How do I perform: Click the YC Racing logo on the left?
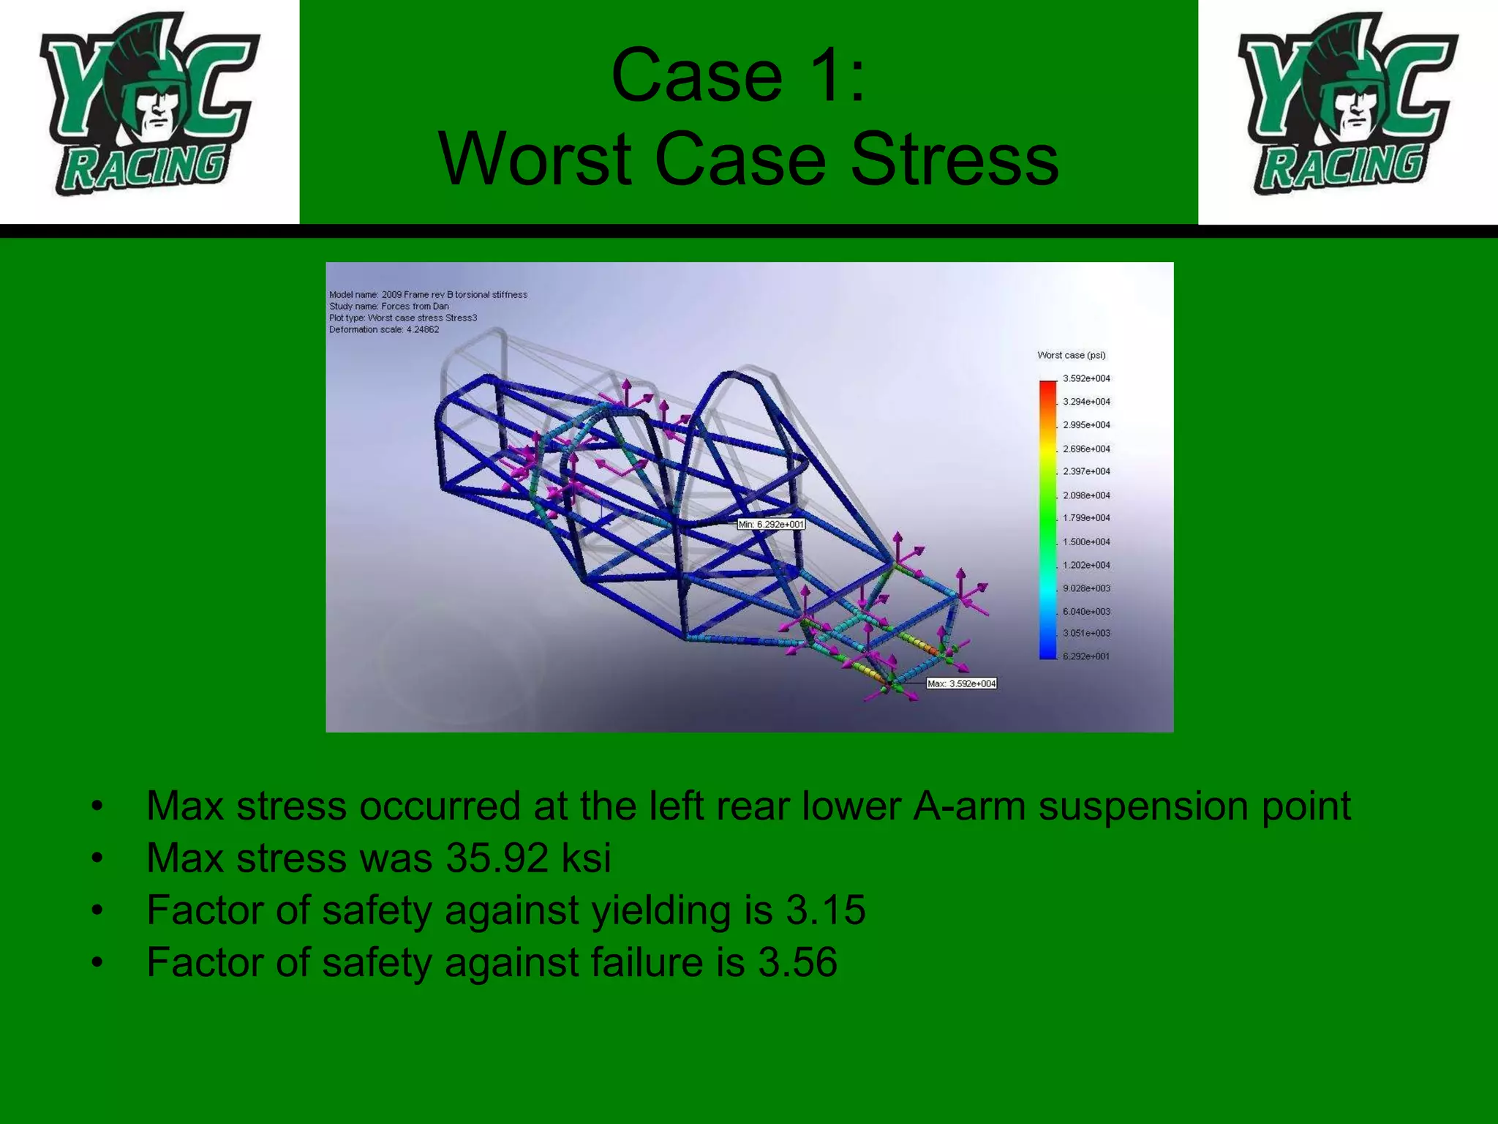[149, 105]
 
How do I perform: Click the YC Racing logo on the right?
[1347, 105]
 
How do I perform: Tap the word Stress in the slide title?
[955, 160]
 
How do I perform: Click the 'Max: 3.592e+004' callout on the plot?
[961, 683]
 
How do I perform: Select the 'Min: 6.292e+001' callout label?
[771, 524]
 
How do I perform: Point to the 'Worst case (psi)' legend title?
[1072, 355]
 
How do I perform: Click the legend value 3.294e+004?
[1086, 402]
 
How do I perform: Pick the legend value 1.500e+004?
[1086, 542]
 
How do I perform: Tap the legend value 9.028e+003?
[1086, 588]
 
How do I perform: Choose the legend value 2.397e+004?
[1086, 471]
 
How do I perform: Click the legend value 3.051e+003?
[1086, 633]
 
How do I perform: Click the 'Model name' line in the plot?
[428, 294]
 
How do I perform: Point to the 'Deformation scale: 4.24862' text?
[384, 329]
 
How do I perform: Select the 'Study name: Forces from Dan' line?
[389, 306]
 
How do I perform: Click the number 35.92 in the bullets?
[497, 858]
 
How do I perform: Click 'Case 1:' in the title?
[738, 75]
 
